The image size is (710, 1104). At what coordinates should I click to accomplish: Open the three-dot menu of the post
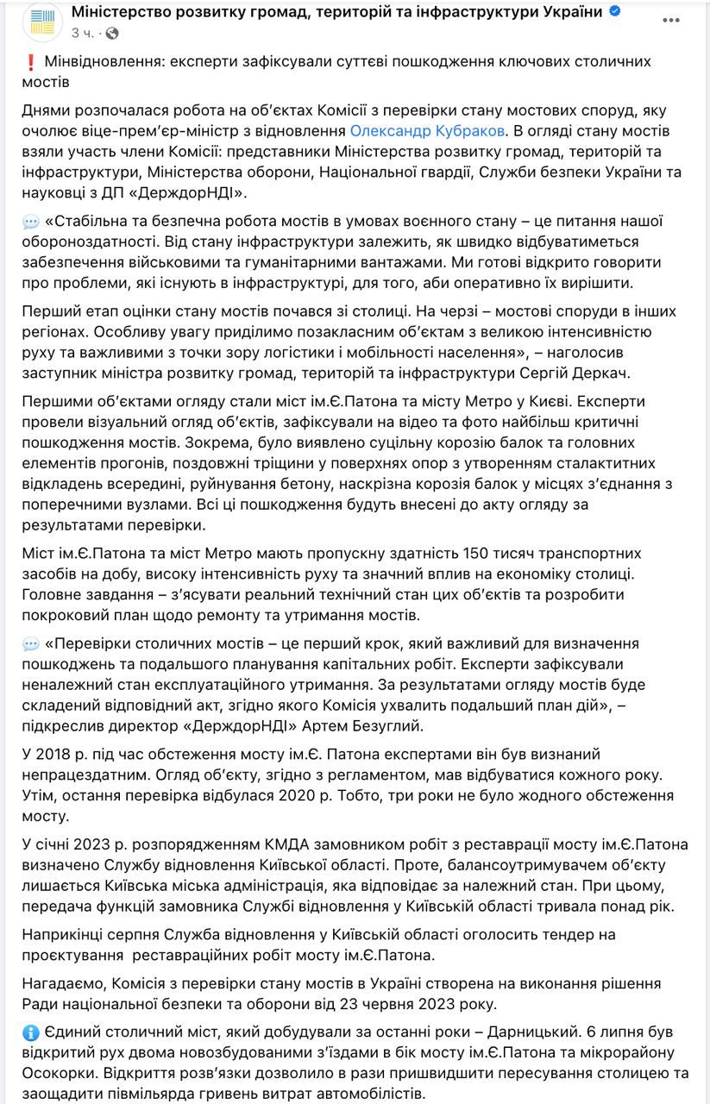[670, 19]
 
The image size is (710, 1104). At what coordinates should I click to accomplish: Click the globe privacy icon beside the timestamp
[112, 34]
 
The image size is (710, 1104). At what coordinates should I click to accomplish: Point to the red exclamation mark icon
[30, 62]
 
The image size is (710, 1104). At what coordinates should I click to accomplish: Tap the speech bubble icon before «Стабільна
[30, 222]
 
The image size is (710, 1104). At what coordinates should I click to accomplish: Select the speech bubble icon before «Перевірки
[30, 643]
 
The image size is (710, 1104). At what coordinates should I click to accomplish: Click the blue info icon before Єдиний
[30, 1032]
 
